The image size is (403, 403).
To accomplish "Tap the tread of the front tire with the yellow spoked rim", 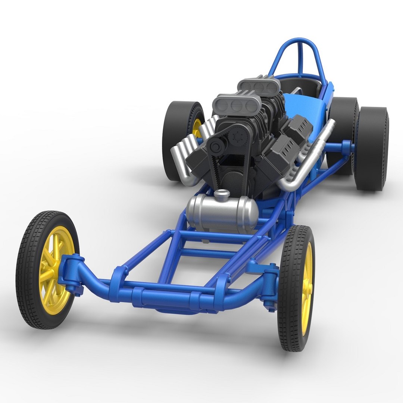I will pos(28,269).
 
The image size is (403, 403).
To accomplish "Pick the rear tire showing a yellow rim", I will pos(179,127).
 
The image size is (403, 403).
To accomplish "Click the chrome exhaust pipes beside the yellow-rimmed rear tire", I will pos(187,157).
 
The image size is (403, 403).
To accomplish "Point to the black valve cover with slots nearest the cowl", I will pos(297,129).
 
